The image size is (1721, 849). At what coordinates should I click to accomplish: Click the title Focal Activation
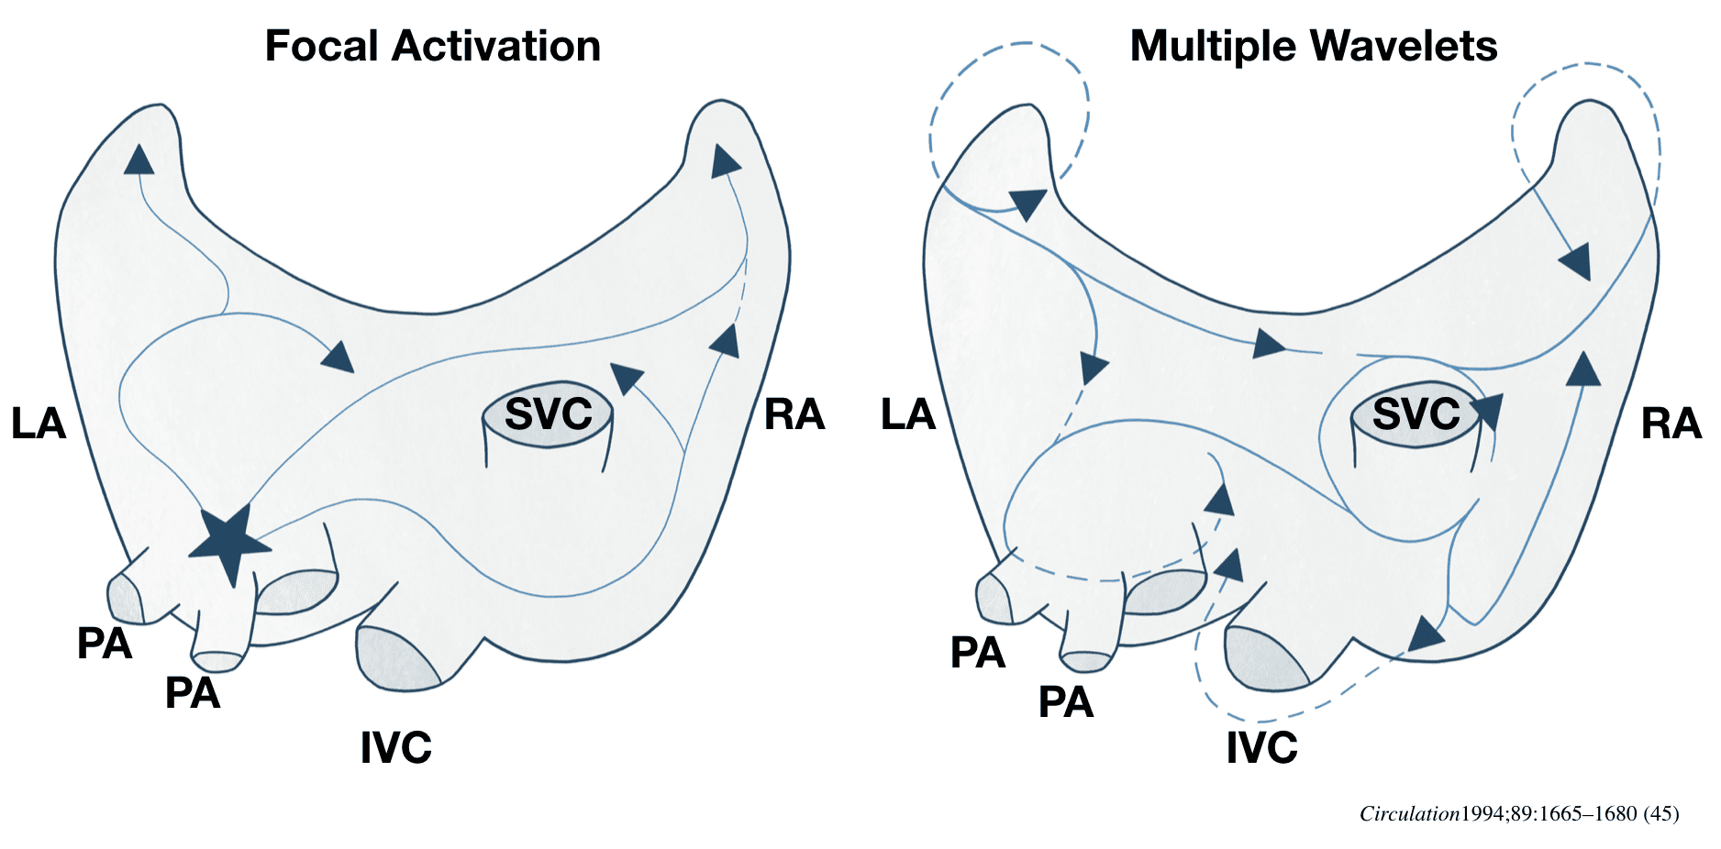click(432, 46)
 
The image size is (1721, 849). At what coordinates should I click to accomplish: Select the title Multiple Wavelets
click(1313, 46)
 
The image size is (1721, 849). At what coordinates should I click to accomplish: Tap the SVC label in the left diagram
click(548, 414)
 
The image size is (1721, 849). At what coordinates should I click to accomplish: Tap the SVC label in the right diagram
click(1416, 414)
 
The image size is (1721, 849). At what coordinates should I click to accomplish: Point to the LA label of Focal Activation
click(39, 424)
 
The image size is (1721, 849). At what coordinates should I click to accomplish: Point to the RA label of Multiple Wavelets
click(1671, 424)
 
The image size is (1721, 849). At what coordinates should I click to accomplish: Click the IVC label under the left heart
click(395, 748)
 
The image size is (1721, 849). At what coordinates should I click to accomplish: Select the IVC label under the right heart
click(1261, 748)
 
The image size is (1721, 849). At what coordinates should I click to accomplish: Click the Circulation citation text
click(1518, 813)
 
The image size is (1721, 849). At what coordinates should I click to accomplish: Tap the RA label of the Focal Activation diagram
click(794, 415)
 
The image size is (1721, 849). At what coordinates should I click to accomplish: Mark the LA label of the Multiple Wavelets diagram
click(907, 415)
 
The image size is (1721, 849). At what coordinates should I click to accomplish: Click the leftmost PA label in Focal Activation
click(105, 644)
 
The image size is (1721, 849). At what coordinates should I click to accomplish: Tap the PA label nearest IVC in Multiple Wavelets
click(1065, 702)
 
